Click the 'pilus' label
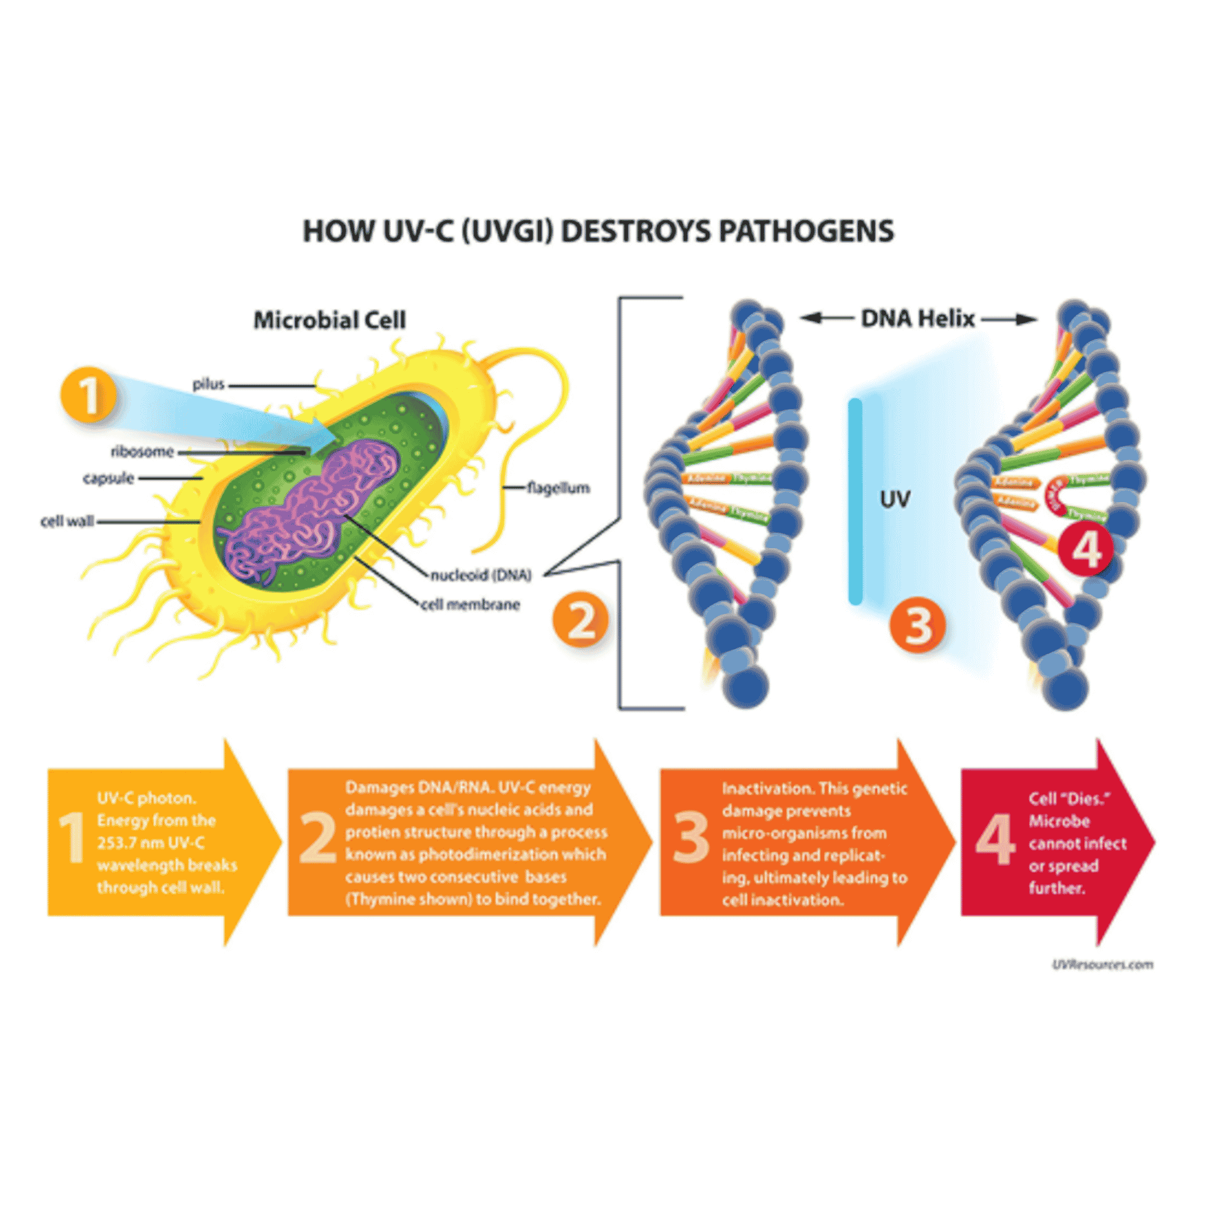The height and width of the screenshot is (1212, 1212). [x=208, y=384]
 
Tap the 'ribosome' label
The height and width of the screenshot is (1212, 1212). [x=142, y=451]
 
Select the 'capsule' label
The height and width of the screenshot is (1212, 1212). [x=108, y=478]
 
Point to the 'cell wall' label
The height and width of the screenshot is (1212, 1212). [x=67, y=521]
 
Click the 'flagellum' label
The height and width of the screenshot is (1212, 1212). [x=558, y=488]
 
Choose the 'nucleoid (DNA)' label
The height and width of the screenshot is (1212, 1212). [x=480, y=575]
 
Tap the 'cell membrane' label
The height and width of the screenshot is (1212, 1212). [x=471, y=605]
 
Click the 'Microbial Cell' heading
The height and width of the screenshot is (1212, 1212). [x=329, y=320]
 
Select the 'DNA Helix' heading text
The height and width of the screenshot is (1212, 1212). [x=917, y=319]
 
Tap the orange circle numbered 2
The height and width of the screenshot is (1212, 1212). [x=580, y=622]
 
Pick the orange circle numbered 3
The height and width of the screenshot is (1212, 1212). [x=918, y=625]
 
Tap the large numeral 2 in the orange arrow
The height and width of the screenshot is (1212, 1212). [x=318, y=838]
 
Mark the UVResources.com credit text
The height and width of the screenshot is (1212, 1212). [x=1102, y=964]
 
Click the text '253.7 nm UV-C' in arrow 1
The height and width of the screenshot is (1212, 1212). [x=150, y=842]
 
